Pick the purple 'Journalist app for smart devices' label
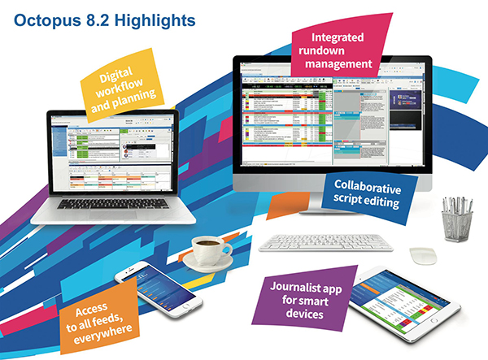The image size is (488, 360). point(301,296)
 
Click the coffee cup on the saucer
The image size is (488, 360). point(208,250)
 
